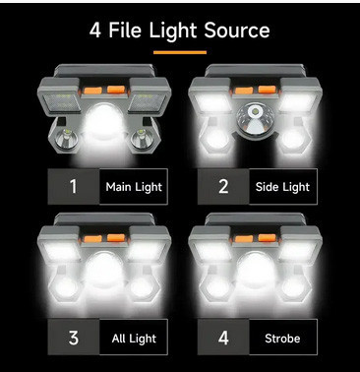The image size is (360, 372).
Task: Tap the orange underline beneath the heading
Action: click(180, 51)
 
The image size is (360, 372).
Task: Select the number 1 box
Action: click(74, 185)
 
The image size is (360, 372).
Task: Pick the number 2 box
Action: click(222, 185)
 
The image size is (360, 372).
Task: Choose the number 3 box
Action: click(74, 338)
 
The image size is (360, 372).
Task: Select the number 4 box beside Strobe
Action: click(222, 338)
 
